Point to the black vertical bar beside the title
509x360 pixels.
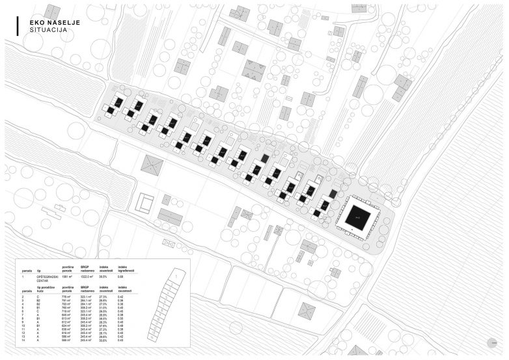18,25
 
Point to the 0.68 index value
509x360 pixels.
121,277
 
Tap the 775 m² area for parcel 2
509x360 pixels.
66,297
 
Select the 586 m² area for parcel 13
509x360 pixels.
66,336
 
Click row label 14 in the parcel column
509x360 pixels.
23,340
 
